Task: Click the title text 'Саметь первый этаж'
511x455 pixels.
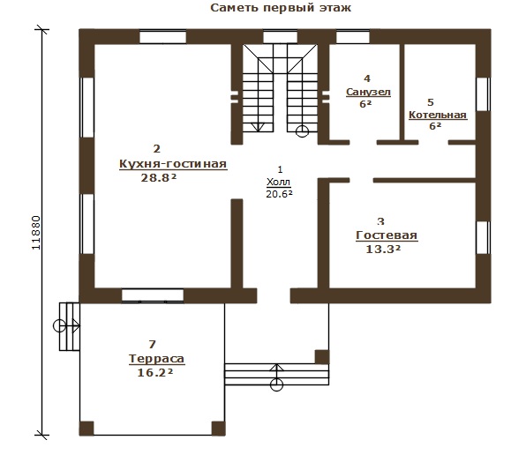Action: pos(281,8)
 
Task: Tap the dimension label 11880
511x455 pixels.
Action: pos(36,233)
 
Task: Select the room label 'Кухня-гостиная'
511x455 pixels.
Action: pos(173,163)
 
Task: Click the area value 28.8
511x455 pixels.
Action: pos(159,177)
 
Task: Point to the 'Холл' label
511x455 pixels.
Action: pos(278,182)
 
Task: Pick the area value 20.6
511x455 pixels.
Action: pos(279,194)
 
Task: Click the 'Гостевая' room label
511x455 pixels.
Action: pos(387,235)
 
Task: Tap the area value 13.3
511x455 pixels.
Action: pos(383,250)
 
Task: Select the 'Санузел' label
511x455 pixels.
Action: pos(368,93)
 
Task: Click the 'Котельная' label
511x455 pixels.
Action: pos(438,115)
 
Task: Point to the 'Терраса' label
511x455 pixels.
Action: pos(157,359)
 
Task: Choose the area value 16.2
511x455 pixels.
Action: pos(154,373)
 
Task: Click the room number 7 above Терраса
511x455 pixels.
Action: pos(152,344)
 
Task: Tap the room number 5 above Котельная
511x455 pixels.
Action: pos(431,102)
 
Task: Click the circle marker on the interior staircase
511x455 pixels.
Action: pos(302,131)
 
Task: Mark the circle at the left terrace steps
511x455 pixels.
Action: pos(59,325)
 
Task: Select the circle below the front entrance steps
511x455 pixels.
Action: pos(276,384)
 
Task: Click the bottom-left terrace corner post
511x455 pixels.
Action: pos(86,429)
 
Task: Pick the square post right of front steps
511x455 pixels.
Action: pos(321,357)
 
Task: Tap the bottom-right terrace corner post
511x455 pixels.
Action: pos(218,429)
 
